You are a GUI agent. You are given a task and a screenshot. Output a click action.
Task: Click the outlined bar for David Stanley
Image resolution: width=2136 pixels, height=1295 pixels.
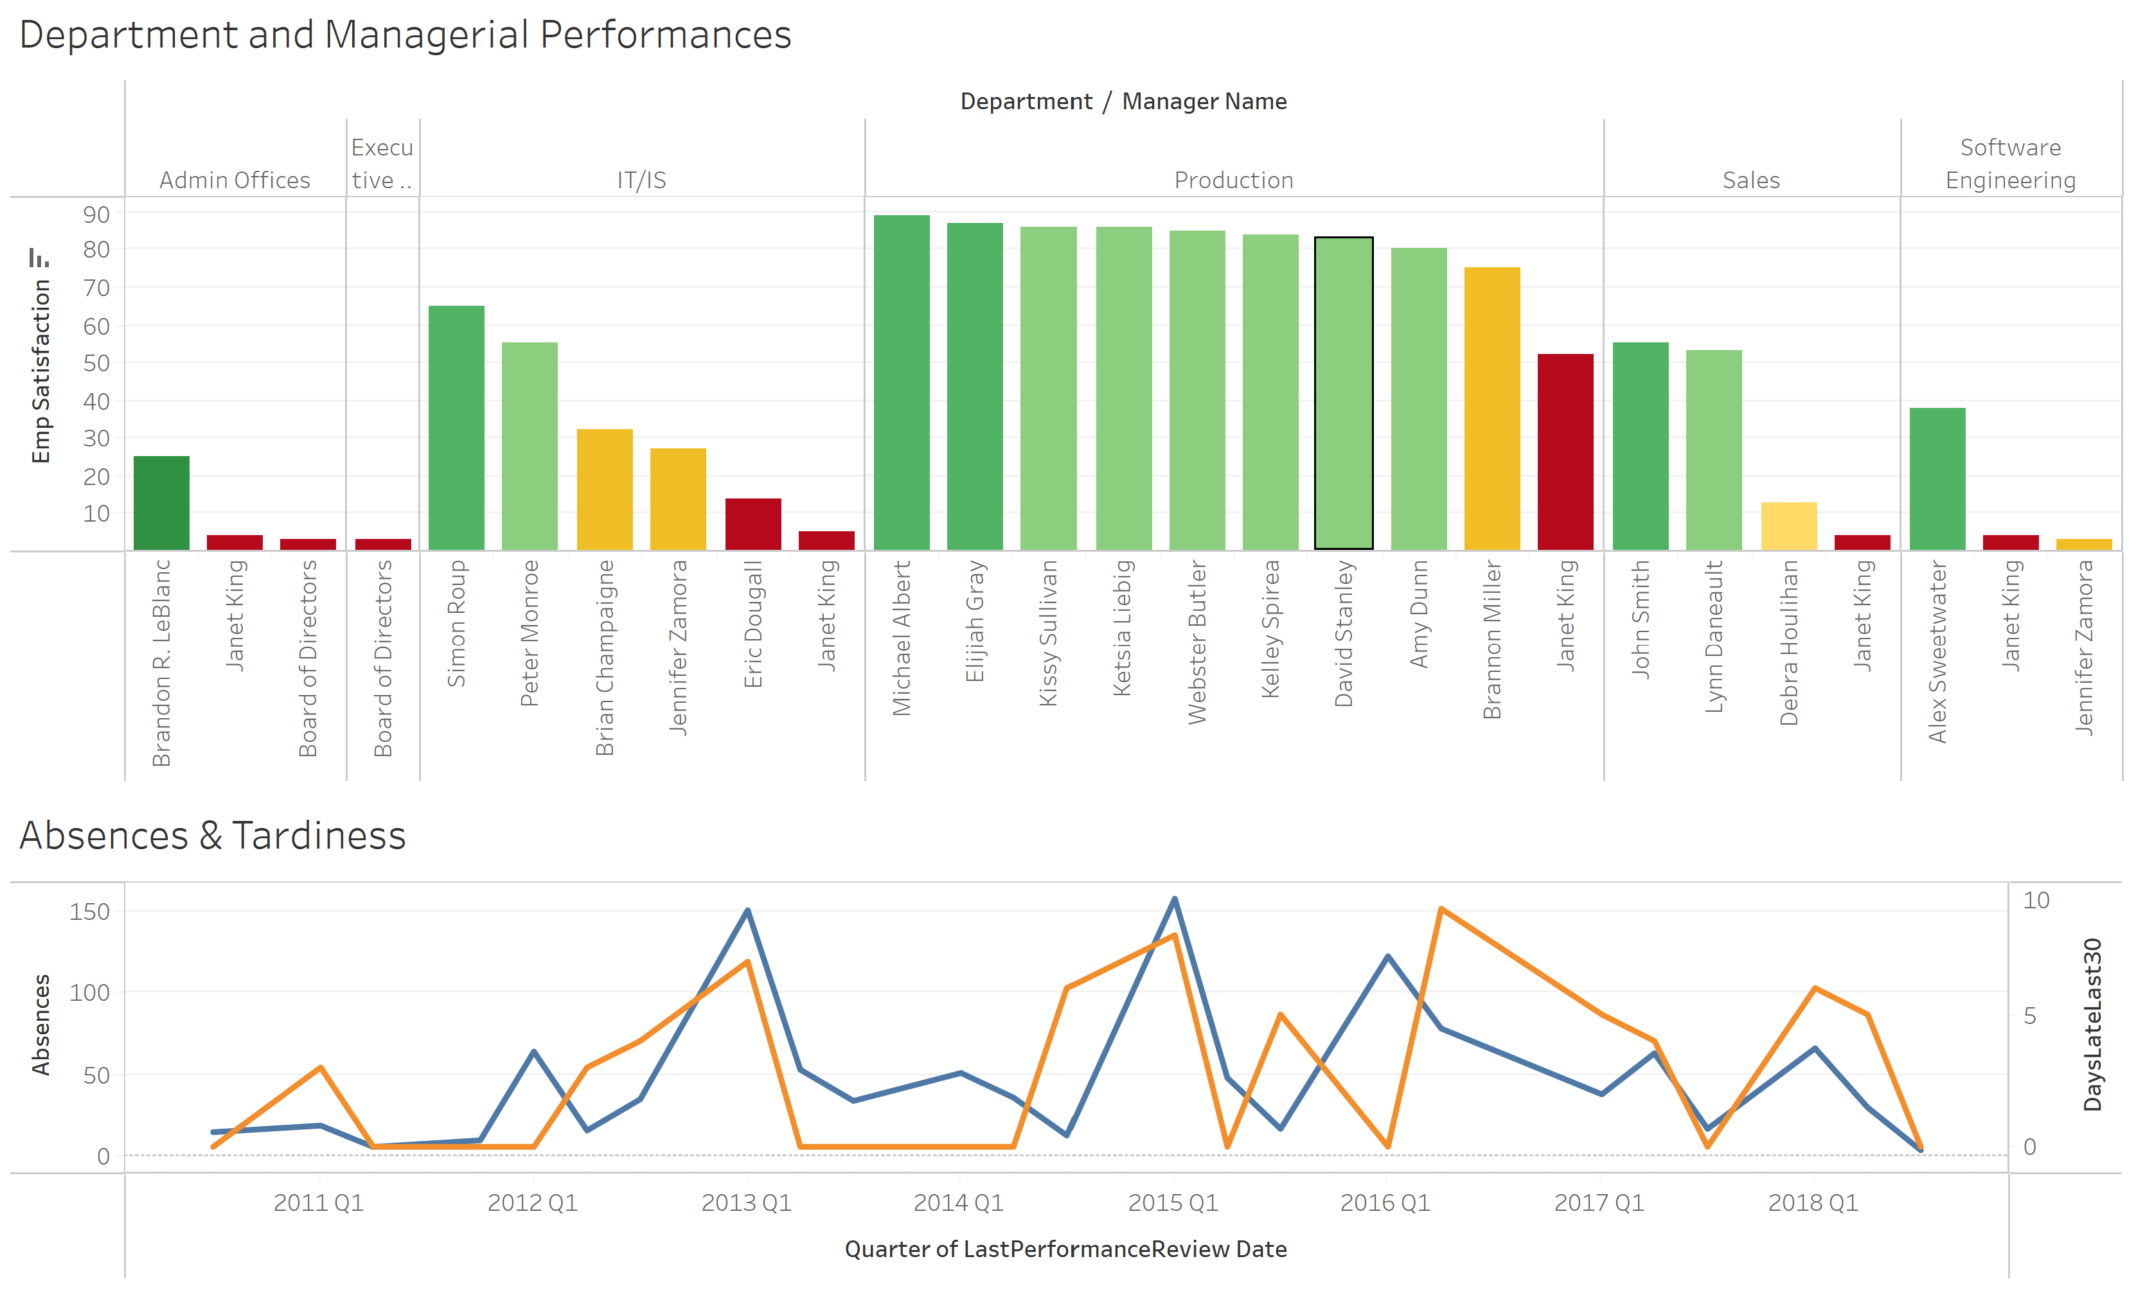[1343, 394]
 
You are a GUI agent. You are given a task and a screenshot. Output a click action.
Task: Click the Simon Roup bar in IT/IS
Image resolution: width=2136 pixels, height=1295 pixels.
[456, 428]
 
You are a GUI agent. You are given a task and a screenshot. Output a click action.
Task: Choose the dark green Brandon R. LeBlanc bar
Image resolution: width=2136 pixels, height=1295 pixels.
[161, 504]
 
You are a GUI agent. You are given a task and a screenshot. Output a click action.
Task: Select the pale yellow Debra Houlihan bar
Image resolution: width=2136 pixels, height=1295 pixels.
[1788, 526]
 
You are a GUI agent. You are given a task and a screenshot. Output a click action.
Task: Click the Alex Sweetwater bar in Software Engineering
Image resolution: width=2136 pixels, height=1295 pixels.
[1937, 479]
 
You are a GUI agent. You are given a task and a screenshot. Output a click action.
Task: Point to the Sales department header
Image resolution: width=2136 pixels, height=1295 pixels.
[1750, 181]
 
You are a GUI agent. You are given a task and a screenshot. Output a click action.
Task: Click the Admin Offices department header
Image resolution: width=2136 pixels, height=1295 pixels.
[234, 181]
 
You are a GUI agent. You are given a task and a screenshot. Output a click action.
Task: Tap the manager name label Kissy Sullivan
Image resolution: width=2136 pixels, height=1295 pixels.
[1048, 633]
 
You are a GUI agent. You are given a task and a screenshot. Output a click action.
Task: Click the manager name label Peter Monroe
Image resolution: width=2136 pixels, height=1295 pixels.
[530, 633]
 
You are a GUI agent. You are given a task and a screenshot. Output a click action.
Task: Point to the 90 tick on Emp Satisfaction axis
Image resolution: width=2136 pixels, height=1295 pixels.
[96, 214]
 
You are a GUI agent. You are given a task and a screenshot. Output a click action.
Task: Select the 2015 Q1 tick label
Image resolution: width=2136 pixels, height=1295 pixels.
[1172, 1202]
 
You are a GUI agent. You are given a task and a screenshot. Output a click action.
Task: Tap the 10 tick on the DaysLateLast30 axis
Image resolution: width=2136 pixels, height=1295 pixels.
[2036, 900]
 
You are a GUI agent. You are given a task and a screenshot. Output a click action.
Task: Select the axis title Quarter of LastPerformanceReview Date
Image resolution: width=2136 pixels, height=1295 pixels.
[1065, 1249]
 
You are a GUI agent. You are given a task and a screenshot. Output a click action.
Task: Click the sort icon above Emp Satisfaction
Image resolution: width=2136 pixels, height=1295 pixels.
[38, 258]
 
